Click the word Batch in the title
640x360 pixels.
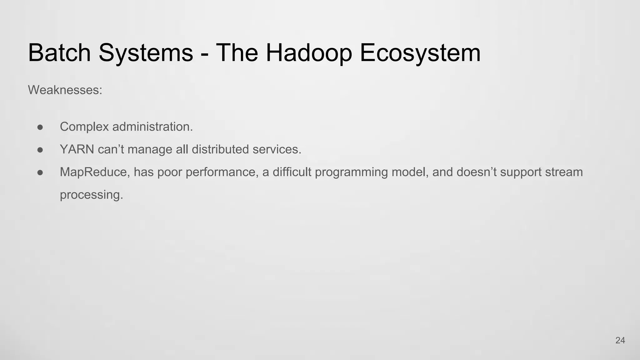(59, 53)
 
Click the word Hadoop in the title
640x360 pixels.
(309, 53)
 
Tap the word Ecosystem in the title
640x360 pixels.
(420, 53)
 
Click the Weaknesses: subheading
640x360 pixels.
(65, 90)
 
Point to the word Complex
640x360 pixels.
(84, 127)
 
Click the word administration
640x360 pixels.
(152, 127)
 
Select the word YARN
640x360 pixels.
(77, 149)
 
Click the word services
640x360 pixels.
(277, 149)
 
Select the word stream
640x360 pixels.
(564, 172)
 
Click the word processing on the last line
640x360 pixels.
(91, 195)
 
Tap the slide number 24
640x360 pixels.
(620, 341)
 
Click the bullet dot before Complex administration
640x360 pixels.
(40, 127)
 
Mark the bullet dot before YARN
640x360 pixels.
(40, 150)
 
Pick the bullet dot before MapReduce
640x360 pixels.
(40, 172)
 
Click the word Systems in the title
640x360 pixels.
(146, 53)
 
